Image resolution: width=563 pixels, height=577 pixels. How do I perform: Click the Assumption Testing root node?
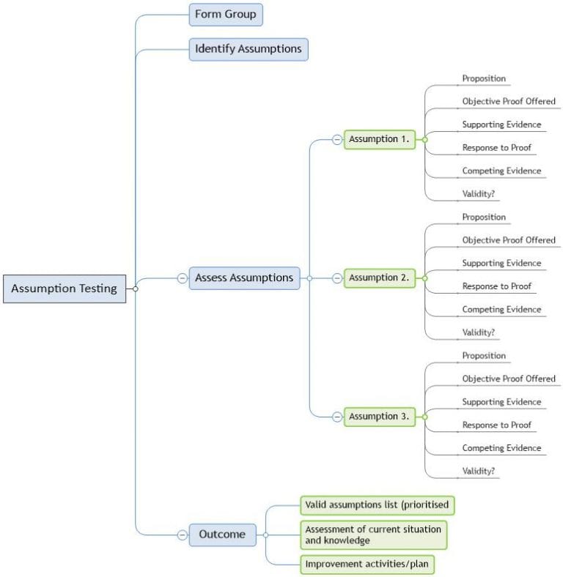pyautogui.click(x=65, y=288)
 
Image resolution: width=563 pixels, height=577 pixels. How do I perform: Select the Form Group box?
pyautogui.click(x=225, y=15)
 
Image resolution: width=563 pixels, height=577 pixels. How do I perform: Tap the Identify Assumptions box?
pyautogui.click(x=248, y=49)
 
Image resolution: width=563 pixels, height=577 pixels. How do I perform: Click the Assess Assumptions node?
pyautogui.click(x=244, y=278)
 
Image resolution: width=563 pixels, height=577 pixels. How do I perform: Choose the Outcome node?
pyautogui.click(x=222, y=535)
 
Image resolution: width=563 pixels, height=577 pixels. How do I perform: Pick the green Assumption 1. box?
pyautogui.click(x=379, y=139)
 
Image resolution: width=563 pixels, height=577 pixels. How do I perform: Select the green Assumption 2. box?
pyautogui.click(x=379, y=278)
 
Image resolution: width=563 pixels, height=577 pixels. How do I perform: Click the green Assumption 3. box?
pyautogui.click(x=379, y=416)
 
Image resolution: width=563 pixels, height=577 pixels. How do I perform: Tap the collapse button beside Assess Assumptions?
pyautogui.click(x=182, y=278)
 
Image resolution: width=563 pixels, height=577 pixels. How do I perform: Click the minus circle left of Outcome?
pyautogui.click(x=182, y=535)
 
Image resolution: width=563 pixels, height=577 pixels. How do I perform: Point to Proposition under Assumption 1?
pyautogui.click(x=484, y=78)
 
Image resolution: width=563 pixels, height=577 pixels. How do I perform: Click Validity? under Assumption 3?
pyautogui.click(x=478, y=471)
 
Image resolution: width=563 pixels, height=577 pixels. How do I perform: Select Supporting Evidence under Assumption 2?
pyautogui.click(x=501, y=263)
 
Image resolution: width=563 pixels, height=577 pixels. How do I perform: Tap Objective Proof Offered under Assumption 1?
pyautogui.click(x=509, y=101)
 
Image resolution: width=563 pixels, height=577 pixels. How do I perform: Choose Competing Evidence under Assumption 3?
pyautogui.click(x=501, y=448)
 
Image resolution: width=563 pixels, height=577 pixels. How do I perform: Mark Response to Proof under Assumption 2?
pyautogui.click(x=496, y=286)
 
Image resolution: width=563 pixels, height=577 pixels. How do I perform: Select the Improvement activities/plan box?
pyautogui.click(x=373, y=564)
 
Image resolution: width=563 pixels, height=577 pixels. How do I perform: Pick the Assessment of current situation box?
pyautogui.click(x=373, y=535)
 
